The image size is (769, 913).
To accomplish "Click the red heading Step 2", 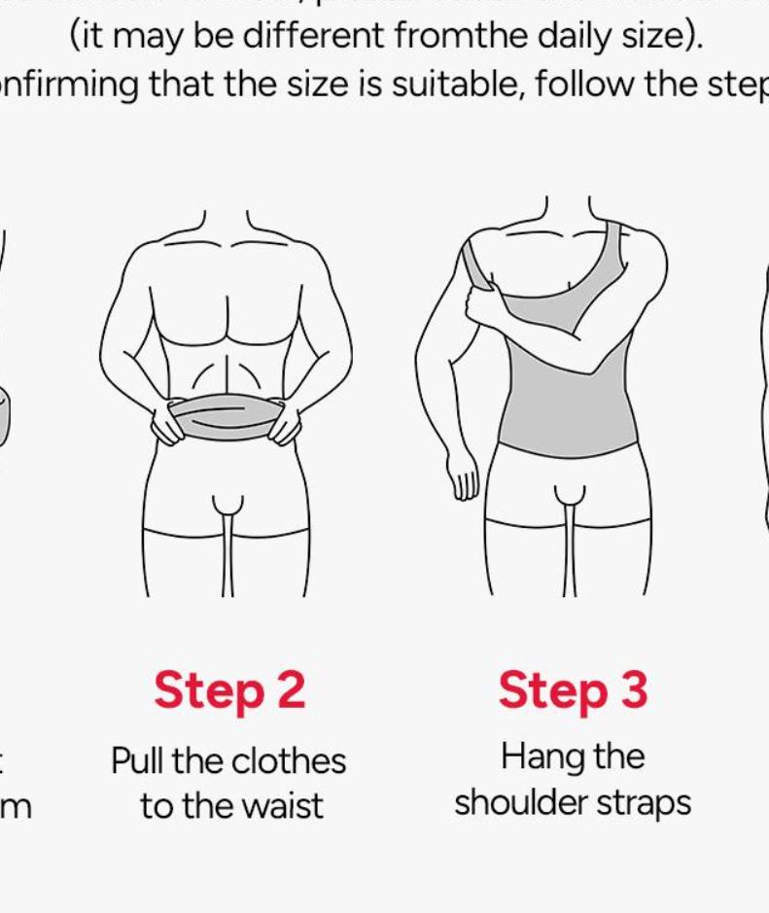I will point(229,691).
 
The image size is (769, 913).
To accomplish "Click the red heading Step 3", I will point(573,691).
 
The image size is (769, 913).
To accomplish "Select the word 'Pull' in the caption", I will point(138,760).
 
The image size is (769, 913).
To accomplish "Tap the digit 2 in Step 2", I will point(290,691).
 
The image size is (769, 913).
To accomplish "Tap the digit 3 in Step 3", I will point(632,691).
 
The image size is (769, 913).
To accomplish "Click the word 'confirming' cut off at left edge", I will point(68,85).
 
